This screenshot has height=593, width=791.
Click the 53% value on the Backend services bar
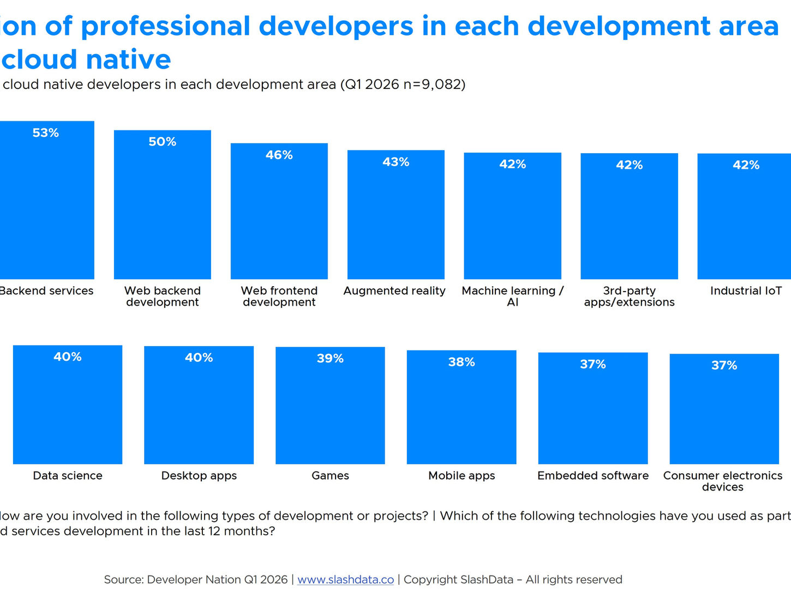(x=46, y=133)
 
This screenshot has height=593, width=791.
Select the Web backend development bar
(x=163, y=213)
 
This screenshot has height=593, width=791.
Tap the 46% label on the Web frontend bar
(x=279, y=155)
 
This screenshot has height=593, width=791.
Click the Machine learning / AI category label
(x=513, y=296)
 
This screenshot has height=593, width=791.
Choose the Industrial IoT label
(x=746, y=291)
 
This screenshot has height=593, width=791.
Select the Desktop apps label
(x=199, y=476)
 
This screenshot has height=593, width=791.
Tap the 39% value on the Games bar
(x=330, y=359)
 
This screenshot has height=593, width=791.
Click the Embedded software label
(x=593, y=476)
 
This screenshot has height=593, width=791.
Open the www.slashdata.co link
(x=345, y=580)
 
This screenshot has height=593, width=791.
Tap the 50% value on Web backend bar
(x=163, y=142)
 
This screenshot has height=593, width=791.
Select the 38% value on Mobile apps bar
(x=462, y=362)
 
